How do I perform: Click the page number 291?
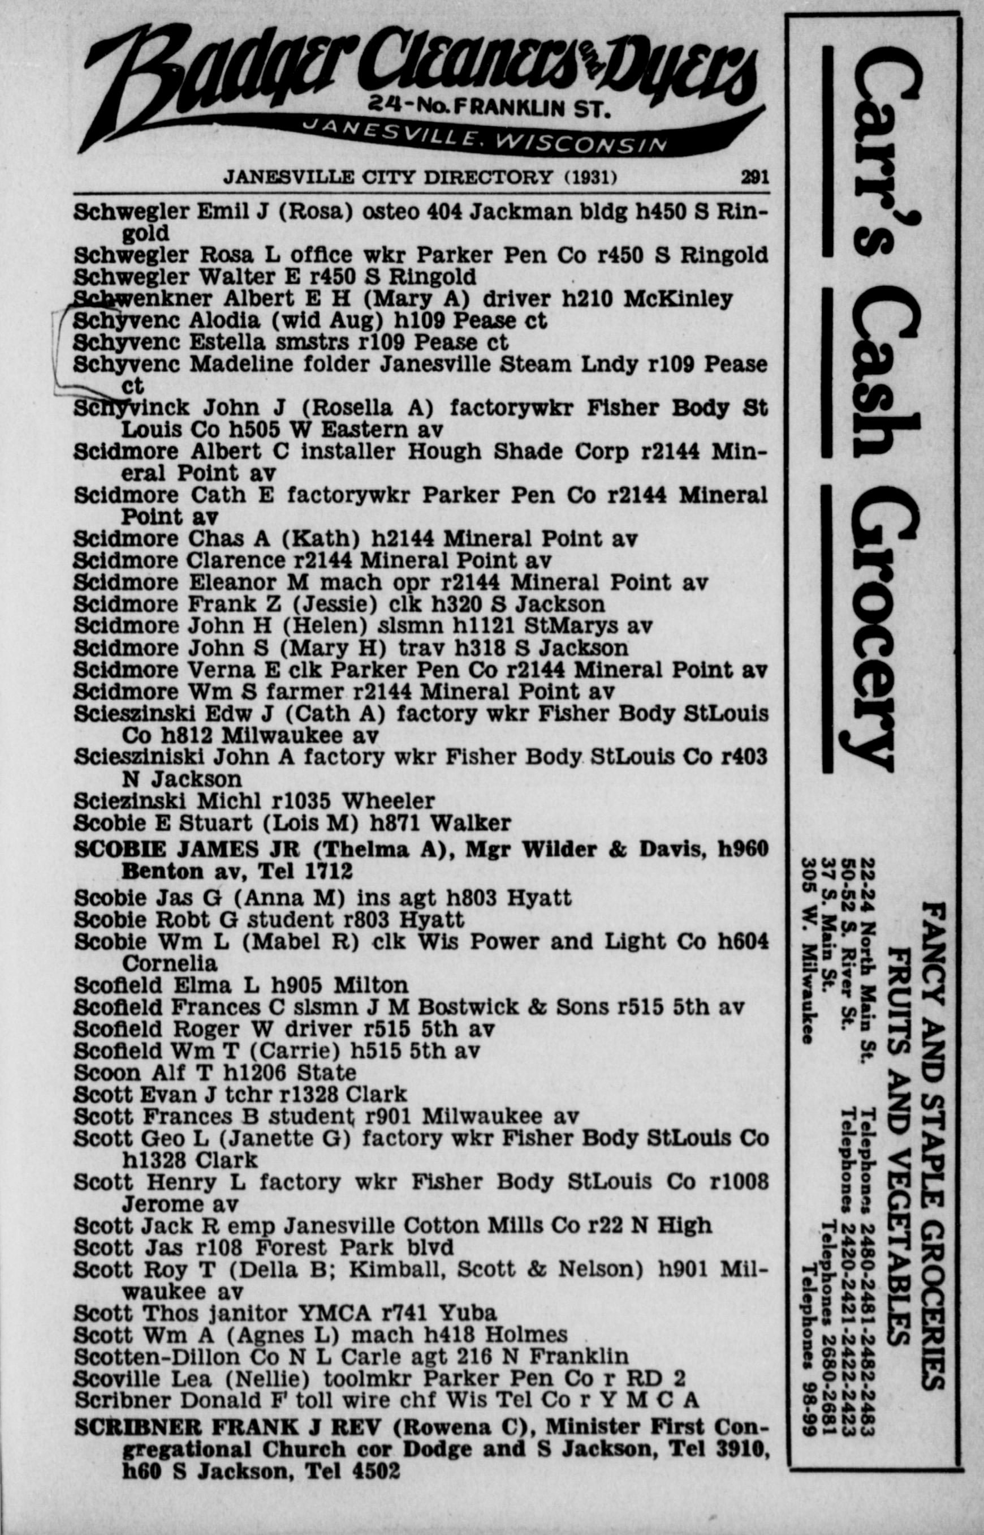click(754, 177)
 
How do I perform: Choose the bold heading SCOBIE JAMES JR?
click(191, 850)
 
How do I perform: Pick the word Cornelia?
click(169, 963)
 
